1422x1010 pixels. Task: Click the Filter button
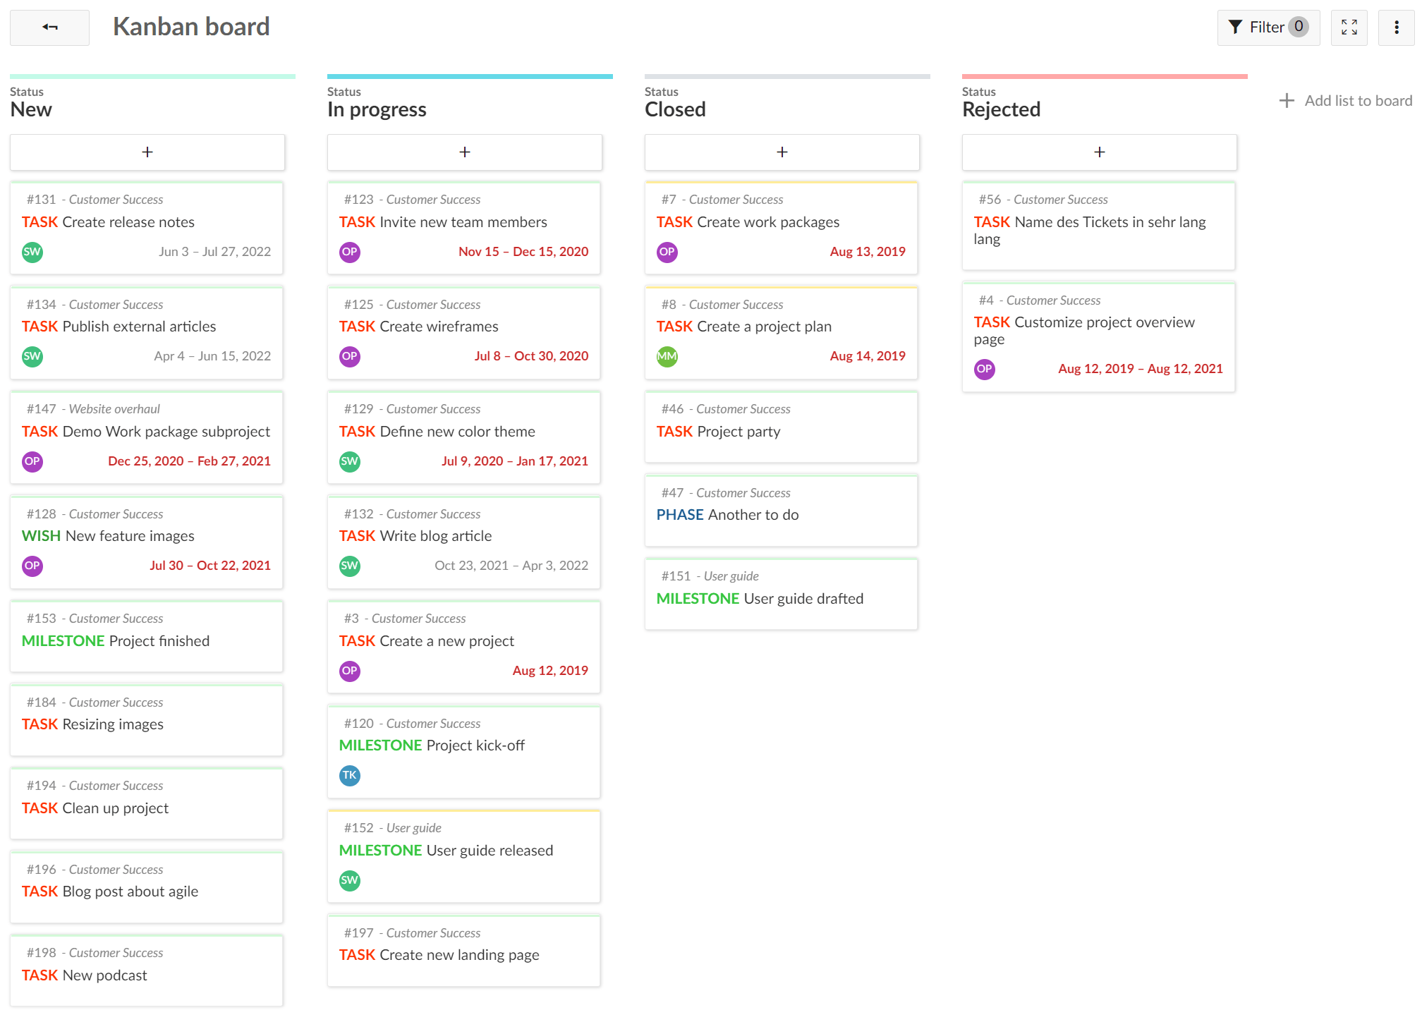1268,28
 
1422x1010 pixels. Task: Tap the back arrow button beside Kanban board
49,28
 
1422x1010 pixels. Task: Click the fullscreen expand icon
1349,28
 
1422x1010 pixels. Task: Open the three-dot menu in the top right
1396,28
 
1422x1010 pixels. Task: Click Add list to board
1346,101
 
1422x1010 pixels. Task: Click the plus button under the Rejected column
1099,152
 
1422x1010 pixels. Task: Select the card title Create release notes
128,222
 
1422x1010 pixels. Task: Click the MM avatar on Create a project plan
667,356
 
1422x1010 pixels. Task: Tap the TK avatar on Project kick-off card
349,775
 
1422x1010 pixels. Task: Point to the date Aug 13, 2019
867,252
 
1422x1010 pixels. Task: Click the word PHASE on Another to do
679,515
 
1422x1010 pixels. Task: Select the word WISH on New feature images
41,536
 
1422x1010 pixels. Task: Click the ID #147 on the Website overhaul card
41,409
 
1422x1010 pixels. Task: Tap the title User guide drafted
803,599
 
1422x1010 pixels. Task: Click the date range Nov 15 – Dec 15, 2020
523,252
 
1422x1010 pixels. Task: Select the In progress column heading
377,110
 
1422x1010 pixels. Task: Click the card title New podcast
104,975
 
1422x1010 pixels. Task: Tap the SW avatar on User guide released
349,880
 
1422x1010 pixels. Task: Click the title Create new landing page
459,955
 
